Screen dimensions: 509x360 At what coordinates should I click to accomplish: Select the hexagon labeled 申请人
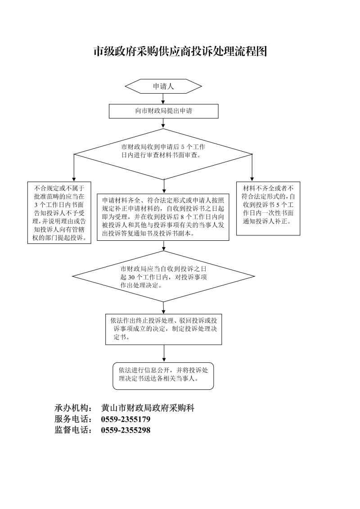(x=163, y=86)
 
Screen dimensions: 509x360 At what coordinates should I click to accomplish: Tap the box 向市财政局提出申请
(x=163, y=111)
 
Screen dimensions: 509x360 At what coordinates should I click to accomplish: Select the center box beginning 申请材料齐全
(x=163, y=217)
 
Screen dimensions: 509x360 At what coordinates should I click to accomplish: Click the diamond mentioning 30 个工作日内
(x=163, y=276)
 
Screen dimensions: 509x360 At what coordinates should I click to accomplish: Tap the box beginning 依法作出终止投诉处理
(x=163, y=329)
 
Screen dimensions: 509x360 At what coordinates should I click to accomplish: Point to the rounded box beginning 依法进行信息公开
(x=163, y=376)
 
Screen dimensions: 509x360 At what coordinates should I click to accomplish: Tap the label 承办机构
(x=73, y=408)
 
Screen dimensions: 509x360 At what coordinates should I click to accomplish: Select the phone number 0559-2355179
(x=126, y=419)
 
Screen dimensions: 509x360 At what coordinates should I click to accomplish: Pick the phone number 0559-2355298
(x=126, y=430)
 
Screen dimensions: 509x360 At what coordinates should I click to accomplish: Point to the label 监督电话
(x=73, y=430)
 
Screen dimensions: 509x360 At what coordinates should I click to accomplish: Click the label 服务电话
(x=73, y=419)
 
